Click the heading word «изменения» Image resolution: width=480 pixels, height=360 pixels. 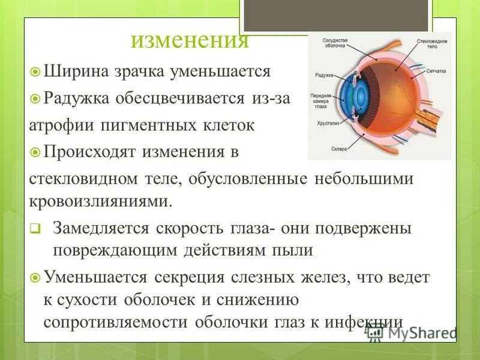click(190, 41)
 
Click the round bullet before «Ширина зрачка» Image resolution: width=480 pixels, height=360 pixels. click(35, 72)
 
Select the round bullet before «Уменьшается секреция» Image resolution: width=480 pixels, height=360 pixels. click(35, 278)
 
